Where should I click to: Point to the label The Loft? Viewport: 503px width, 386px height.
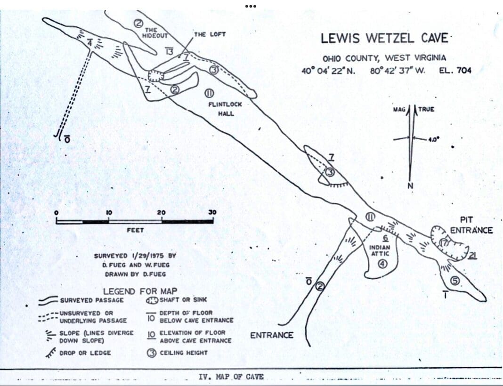pyautogui.click(x=210, y=34)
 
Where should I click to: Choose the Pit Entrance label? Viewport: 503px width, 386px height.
pyautogui.click(x=471, y=225)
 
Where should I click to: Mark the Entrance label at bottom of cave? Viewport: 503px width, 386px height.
pyautogui.click(x=271, y=335)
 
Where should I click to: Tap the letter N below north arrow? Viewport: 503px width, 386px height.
pyautogui.click(x=410, y=185)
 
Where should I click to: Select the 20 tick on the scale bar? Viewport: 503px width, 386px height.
pyautogui.click(x=161, y=212)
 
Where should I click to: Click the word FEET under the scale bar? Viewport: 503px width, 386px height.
pyautogui.click(x=135, y=230)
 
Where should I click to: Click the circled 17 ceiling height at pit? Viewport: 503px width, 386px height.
pyautogui.click(x=445, y=242)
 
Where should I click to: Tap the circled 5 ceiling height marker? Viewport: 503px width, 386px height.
pyautogui.click(x=455, y=281)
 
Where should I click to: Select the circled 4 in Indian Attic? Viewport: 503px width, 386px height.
pyautogui.click(x=382, y=264)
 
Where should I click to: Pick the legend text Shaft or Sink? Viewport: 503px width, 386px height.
pyautogui.click(x=183, y=299)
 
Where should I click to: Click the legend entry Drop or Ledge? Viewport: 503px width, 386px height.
pyautogui.click(x=85, y=353)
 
